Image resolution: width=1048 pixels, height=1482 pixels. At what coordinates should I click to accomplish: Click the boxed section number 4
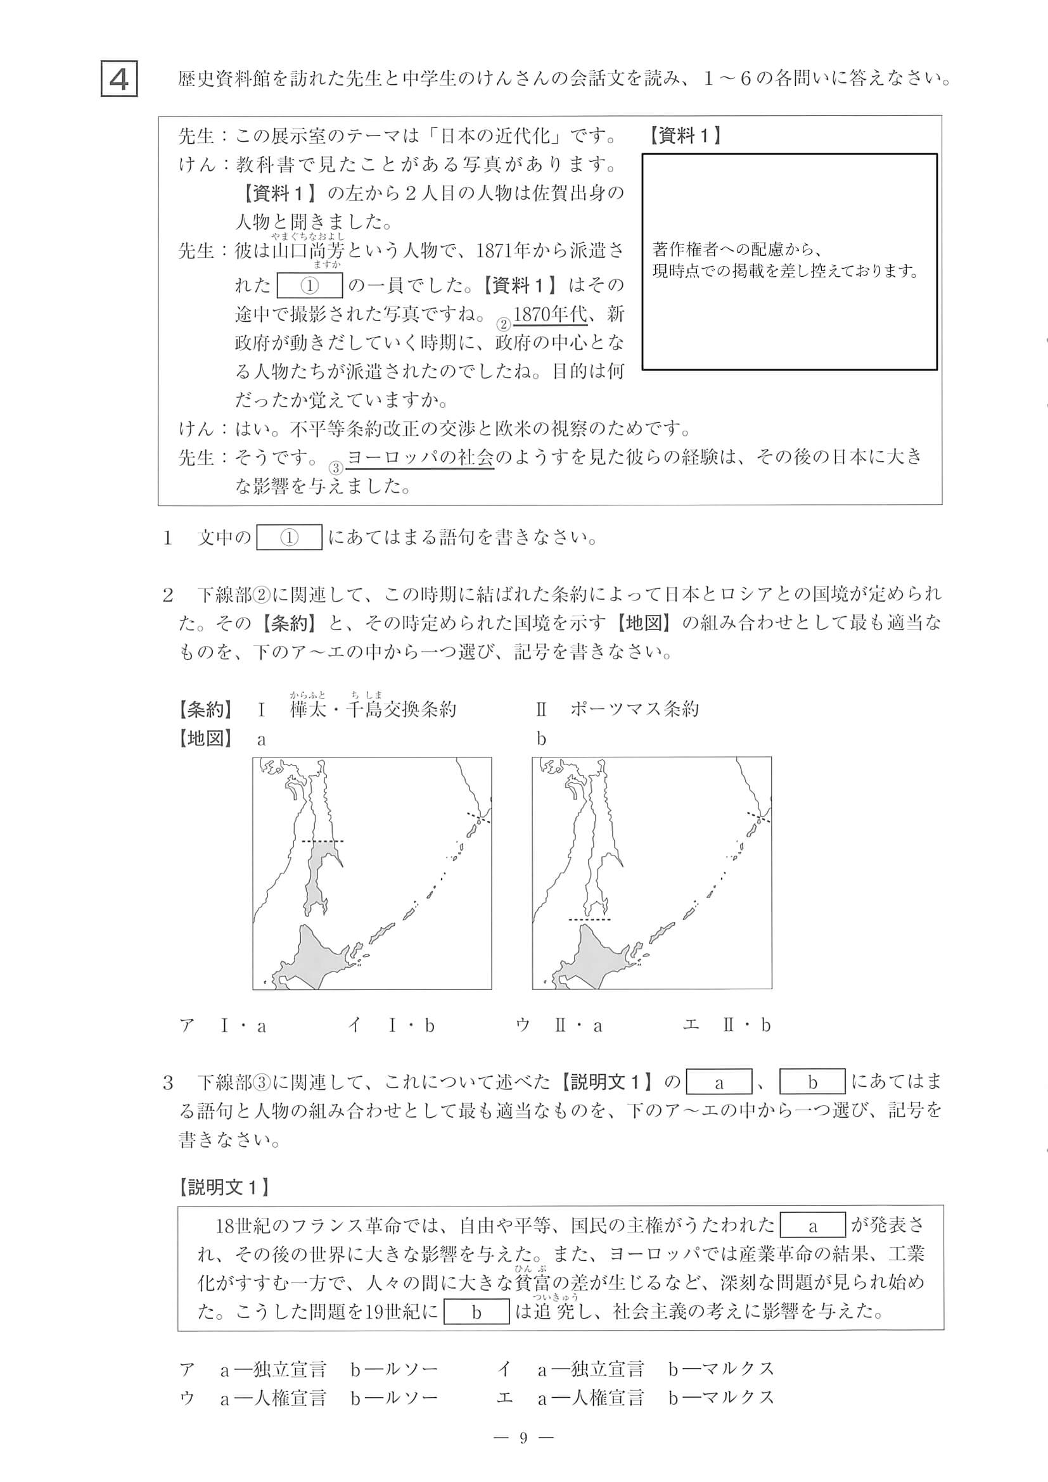pos(120,79)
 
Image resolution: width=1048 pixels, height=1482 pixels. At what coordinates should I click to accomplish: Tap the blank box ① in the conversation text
pos(309,286)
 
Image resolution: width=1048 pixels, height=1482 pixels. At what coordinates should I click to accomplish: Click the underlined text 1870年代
pos(550,314)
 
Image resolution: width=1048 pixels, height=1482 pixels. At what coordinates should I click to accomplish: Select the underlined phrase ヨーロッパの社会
pos(420,458)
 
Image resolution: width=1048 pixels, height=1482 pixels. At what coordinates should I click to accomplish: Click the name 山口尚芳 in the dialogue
pos(308,251)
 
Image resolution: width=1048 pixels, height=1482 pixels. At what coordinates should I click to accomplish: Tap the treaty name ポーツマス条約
pos(634,709)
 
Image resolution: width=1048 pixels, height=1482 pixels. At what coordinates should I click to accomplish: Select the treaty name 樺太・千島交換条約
pos(373,709)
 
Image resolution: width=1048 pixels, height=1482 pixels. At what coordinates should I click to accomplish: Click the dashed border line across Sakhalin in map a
pos(323,841)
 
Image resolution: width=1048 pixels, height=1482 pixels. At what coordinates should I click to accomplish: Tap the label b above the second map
pos(541,739)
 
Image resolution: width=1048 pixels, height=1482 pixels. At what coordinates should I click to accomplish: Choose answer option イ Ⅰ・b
pos(392,1025)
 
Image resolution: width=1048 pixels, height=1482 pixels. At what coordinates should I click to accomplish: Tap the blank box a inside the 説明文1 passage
pos(812,1225)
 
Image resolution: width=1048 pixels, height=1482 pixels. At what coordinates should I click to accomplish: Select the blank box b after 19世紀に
pos(476,1312)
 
